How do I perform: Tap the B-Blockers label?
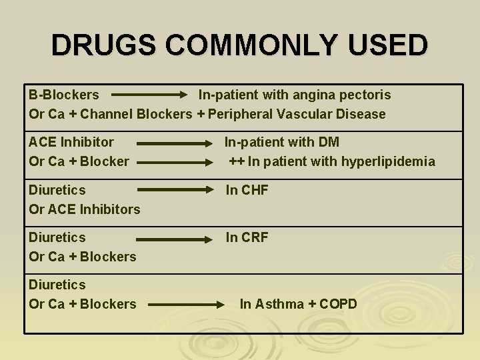(64, 95)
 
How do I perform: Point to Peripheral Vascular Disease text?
(297, 114)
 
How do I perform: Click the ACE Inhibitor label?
(71, 142)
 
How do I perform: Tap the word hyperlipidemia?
(388, 161)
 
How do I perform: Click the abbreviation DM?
(329, 142)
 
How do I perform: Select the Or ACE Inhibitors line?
(85, 209)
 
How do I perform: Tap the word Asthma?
(279, 304)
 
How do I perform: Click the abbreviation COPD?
(338, 304)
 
